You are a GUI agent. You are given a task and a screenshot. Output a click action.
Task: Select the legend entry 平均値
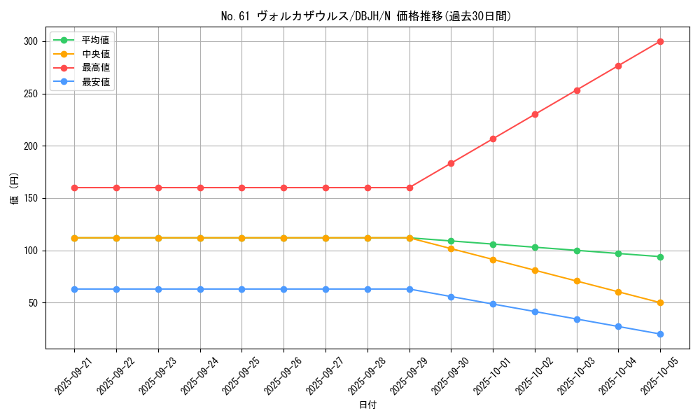(95, 40)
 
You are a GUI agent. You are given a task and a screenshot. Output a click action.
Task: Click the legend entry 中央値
(95, 54)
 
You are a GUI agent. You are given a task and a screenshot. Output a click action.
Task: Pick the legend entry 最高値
(95, 68)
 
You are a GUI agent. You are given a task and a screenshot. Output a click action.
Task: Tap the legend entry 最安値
(95, 82)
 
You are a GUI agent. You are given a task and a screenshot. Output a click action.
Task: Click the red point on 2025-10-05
(660, 41)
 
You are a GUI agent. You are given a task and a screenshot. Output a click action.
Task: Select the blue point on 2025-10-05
(660, 334)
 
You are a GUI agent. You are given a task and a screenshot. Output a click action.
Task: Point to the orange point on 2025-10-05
(660, 302)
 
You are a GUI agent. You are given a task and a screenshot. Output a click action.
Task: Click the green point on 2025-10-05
(660, 257)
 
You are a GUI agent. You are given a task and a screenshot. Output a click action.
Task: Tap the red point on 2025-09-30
(451, 163)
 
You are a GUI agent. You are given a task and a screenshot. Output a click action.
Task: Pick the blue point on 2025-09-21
(74, 289)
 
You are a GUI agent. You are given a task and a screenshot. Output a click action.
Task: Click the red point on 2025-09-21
(74, 188)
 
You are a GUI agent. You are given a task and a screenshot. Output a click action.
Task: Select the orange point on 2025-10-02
(535, 270)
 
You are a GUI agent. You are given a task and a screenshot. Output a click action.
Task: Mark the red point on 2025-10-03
(577, 90)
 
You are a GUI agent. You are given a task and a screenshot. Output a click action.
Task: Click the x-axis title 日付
(367, 405)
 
